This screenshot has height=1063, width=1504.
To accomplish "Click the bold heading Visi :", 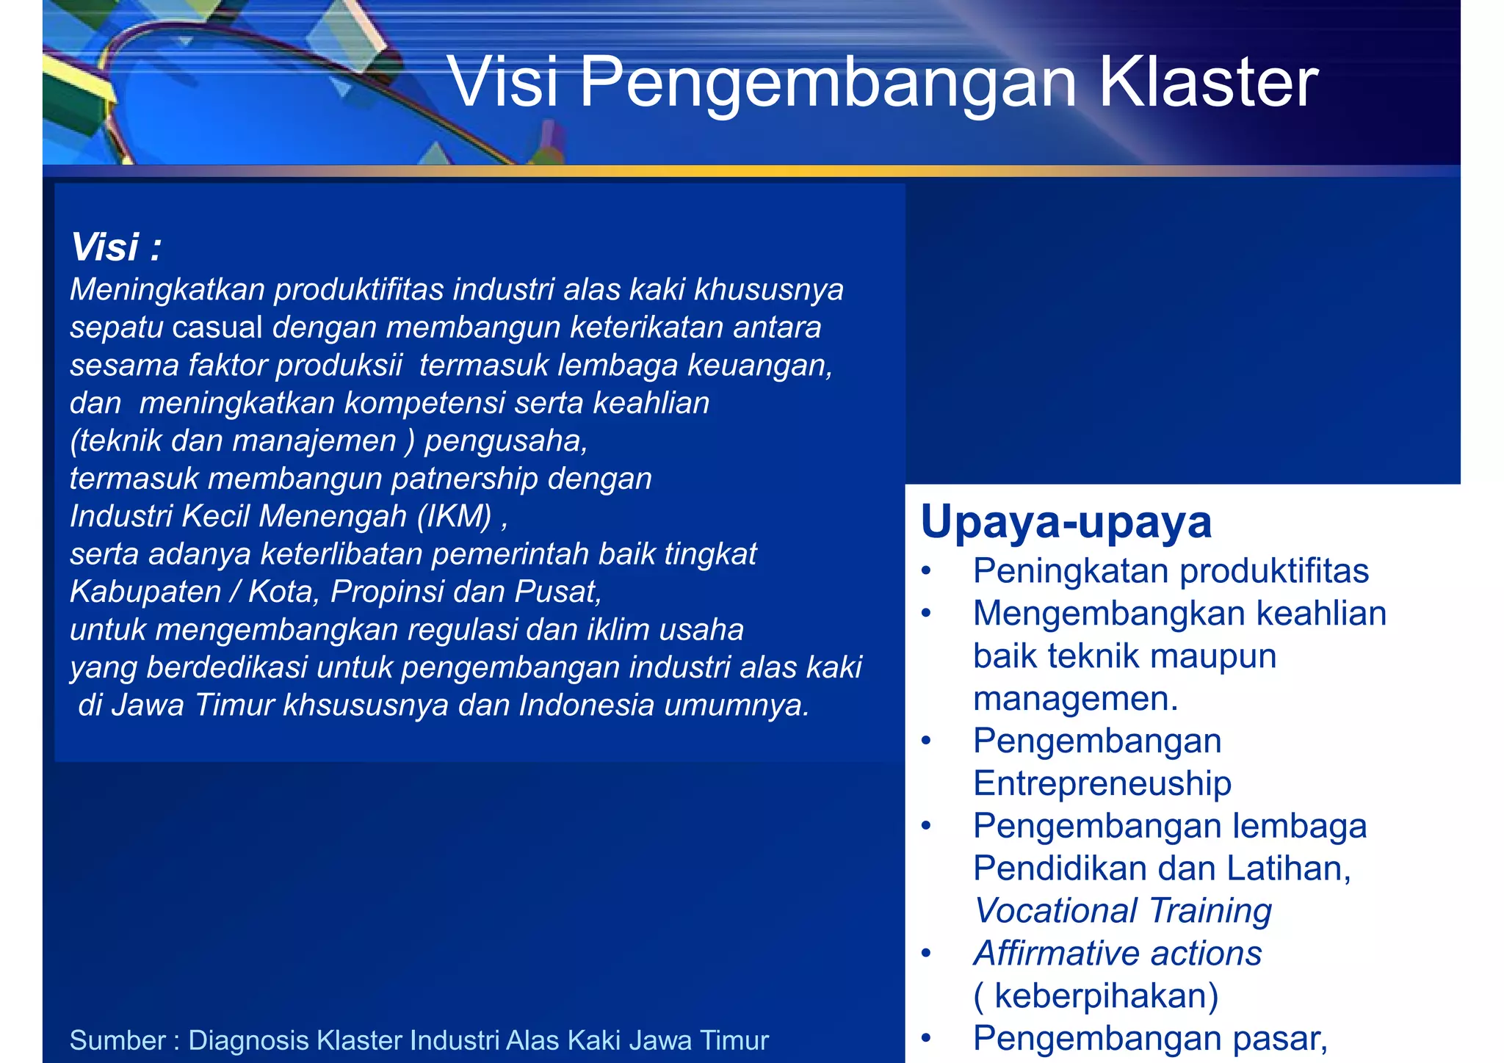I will (x=115, y=247).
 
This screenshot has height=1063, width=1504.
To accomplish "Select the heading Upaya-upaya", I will (x=1066, y=522).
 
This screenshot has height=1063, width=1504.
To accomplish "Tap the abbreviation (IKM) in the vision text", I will (x=455, y=516).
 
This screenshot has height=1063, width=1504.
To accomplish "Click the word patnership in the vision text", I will (x=464, y=479).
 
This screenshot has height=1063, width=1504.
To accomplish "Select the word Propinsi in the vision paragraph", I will (x=386, y=592).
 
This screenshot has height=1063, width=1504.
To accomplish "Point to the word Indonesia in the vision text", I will (x=586, y=705).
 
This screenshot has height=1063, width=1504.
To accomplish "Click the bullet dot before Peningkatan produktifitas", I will (x=927, y=571).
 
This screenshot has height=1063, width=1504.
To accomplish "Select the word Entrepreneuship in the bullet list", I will (x=1102, y=783).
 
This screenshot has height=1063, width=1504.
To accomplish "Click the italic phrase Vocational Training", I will (x=1122, y=911).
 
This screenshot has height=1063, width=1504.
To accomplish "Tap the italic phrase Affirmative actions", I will (x=1117, y=954).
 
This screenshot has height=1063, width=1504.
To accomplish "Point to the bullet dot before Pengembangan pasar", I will (x=927, y=1038).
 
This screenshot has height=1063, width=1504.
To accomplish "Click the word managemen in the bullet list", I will (x=1074, y=698).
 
